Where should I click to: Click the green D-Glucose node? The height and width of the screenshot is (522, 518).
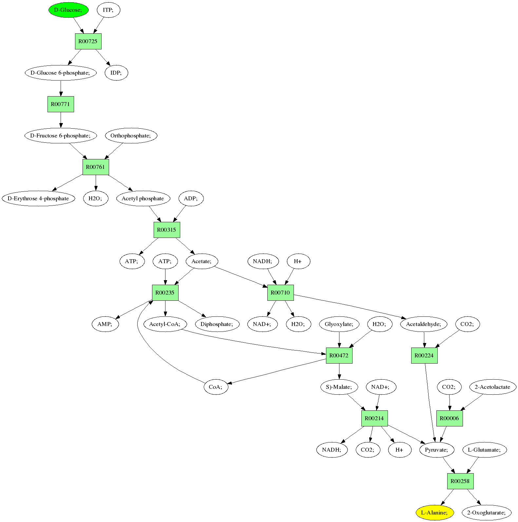click(x=68, y=10)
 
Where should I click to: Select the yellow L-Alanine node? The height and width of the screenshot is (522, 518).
click(x=434, y=513)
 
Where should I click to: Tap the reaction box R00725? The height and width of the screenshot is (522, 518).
click(x=88, y=42)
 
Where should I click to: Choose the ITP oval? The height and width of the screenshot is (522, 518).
click(x=108, y=10)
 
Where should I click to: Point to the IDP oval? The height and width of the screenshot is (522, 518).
click(x=116, y=73)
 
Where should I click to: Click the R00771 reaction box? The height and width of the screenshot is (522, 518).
click(x=61, y=104)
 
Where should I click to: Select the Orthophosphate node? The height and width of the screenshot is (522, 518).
click(x=131, y=135)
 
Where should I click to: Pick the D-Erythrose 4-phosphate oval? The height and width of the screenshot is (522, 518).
click(x=38, y=198)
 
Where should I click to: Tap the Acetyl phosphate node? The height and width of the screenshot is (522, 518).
click(x=143, y=198)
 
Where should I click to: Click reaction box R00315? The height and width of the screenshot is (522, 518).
click(x=167, y=230)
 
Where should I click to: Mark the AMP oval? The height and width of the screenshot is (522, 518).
click(x=105, y=324)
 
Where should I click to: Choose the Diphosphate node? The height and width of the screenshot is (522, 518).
click(x=217, y=324)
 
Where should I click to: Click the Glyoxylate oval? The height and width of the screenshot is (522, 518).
click(x=339, y=324)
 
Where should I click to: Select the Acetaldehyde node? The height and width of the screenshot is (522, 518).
click(x=424, y=324)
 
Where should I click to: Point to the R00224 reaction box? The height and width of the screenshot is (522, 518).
click(x=424, y=355)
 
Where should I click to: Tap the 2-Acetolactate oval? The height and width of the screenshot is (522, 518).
click(x=492, y=387)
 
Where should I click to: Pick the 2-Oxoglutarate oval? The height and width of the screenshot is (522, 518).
click(x=487, y=513)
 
